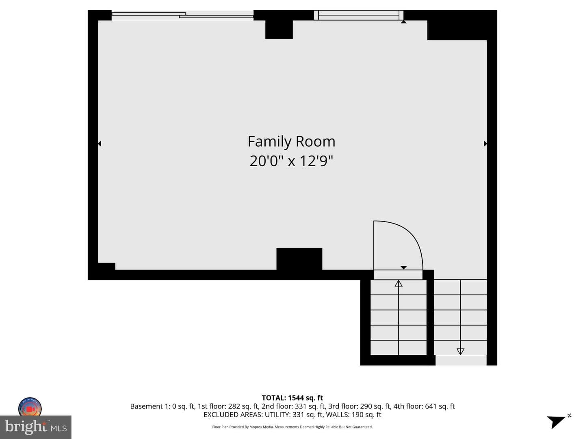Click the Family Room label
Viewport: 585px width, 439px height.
tap(291, 142)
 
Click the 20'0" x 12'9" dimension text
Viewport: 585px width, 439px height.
tap(291, 161)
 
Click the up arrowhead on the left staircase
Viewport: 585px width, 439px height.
tap(399, 284)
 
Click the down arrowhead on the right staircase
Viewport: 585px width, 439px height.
tap(460, 351)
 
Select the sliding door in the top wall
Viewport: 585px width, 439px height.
tap(182, 15)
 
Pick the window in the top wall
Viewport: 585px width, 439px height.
tap(358, 15)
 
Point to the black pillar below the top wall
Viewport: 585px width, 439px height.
tap(279, 29)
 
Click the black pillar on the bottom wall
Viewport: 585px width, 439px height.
tap(299, 259)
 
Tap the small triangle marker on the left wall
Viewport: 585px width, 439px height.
tap(100, 143)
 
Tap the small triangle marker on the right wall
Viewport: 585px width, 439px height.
tap(485, 143)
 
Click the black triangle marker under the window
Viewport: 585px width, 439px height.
tap(403, 22)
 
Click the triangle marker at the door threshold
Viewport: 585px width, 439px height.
tap(403, 267)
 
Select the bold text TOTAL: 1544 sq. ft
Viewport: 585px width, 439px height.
tap(292, 398)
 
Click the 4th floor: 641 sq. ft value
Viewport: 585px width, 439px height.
tap(424, 406)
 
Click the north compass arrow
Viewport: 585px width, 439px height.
tap(556, 422)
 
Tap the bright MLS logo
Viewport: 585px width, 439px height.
tap(36, 427)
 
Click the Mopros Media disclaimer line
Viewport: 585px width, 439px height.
tap(292, 427)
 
